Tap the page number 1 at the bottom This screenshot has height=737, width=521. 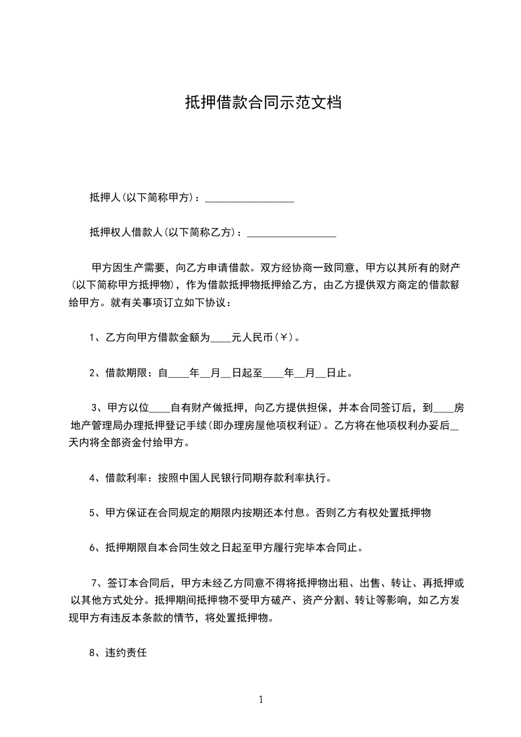click(x=261, y=700)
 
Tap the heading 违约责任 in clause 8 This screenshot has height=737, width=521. click(x=127, y=654)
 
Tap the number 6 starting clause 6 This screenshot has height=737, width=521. click(x=92, y=548)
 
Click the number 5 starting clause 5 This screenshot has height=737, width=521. click(x=92, y=513)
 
